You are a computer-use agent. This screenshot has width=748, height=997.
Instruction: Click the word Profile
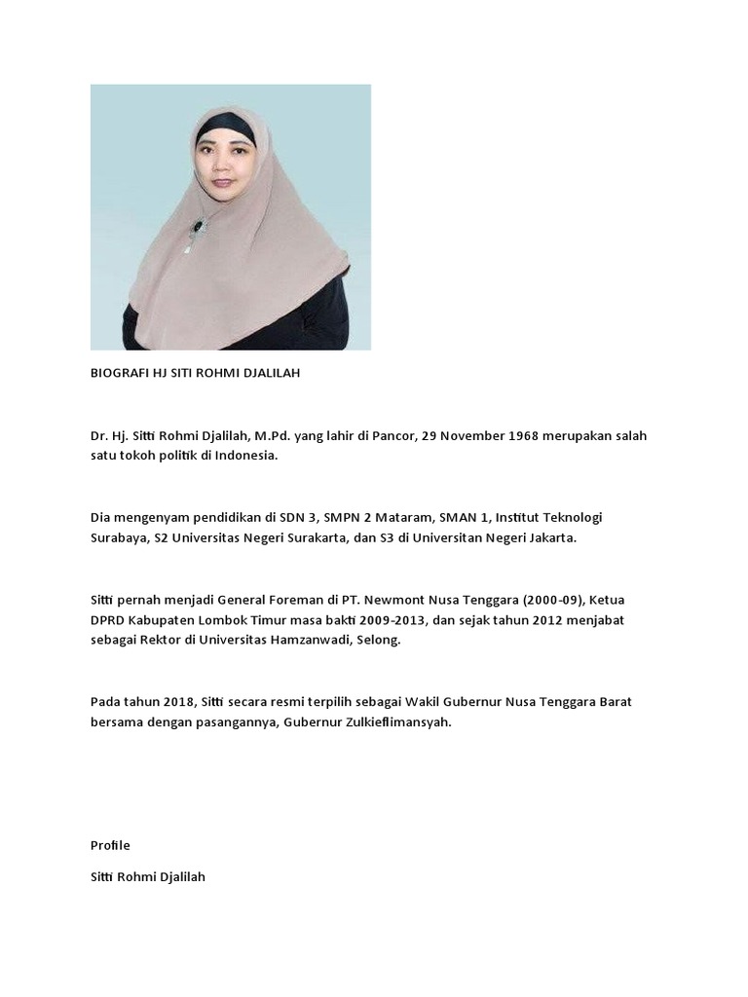point(110,844)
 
